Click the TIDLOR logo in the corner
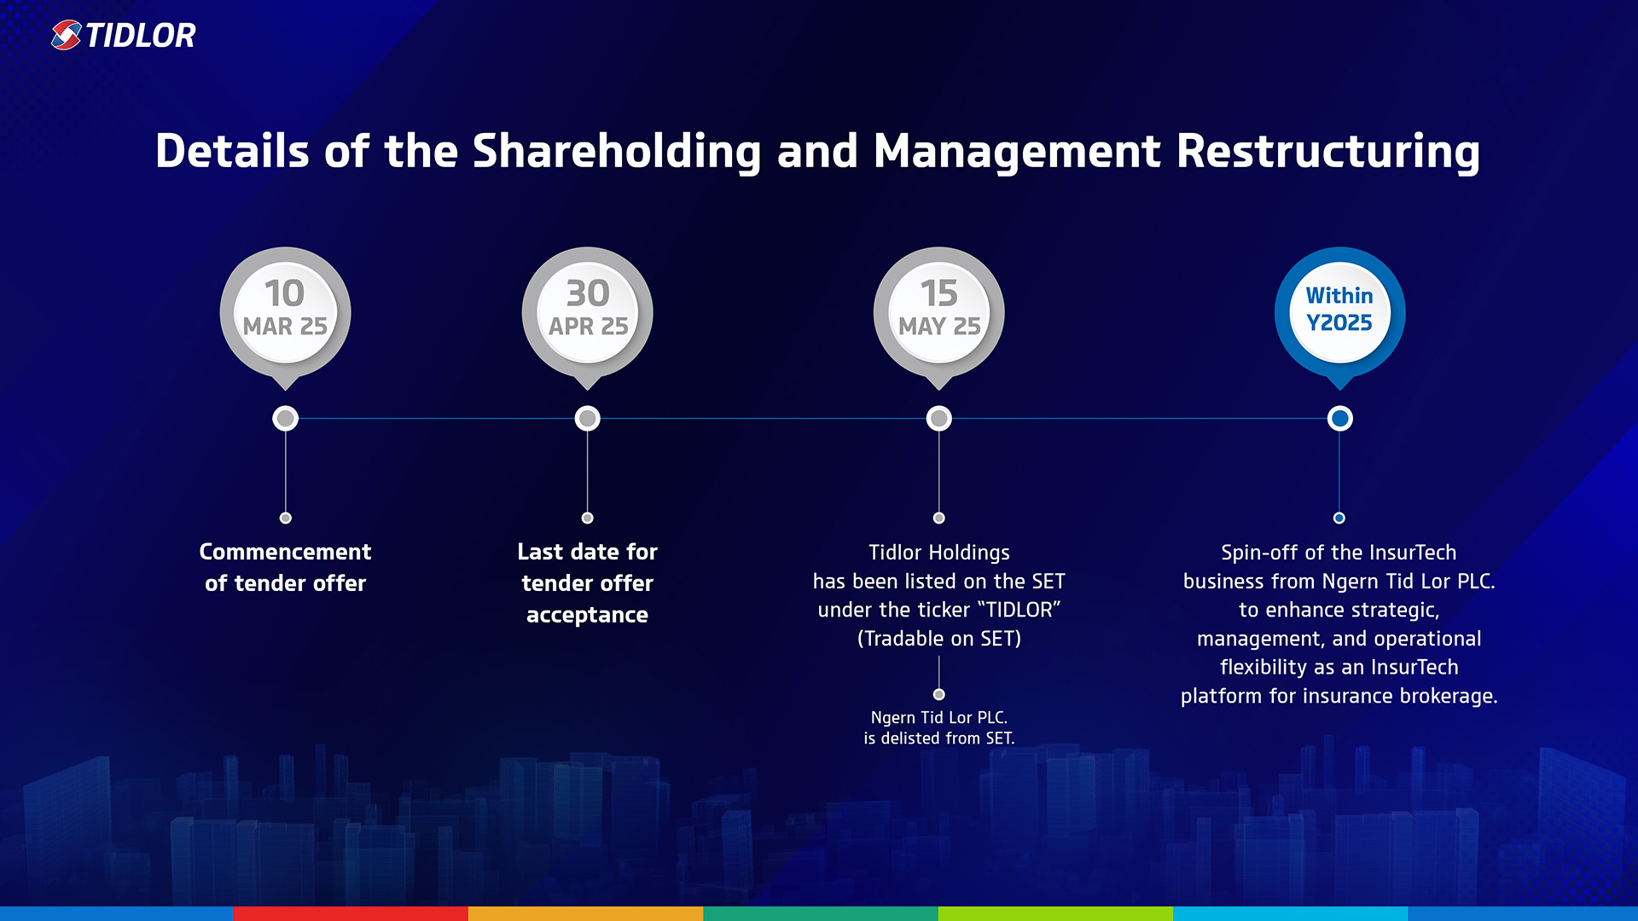coord(123,35)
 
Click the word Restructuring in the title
coord(1327,152)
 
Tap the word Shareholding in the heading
coord(616,152)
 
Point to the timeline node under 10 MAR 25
coord(285,419)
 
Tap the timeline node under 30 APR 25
coord(587,419)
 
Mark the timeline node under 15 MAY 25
coord(938,419)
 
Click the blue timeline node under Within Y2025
coord(1339,419)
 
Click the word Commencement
coord(285,552)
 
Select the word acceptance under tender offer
coord(587,615)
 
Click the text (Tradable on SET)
coord(938,639)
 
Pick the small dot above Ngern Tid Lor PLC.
coord(938,694)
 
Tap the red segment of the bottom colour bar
coord(351,913)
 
